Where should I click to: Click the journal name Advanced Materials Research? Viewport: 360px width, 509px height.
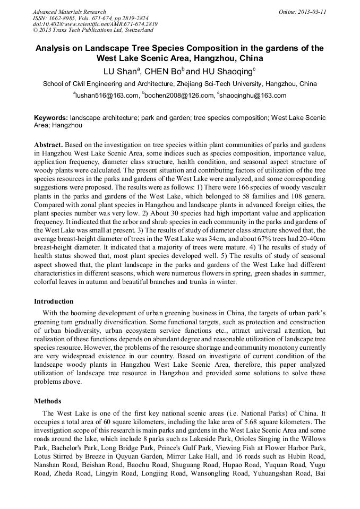pyautogui.click(x=70, y=12)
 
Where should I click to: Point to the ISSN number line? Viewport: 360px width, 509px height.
pyautogui.click(x=91, y=18)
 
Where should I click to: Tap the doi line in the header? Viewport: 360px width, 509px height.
pyautogui.click(x=95, y=24)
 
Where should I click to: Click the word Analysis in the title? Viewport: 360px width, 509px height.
pyautogui.click(x=56, y=48)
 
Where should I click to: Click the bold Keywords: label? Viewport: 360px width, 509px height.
pyautogui.click(x=51, y=117)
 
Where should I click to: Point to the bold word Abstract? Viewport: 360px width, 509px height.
pyautogui.click(x=49, y=145)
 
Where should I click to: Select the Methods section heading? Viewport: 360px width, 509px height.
pyautogui.click(x=48, y=401)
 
